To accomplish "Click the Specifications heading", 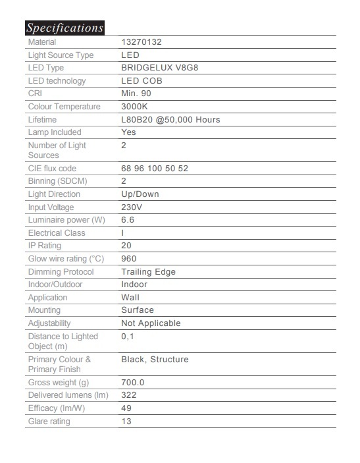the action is (64, 28).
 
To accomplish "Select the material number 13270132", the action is (141, 42).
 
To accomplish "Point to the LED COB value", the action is (142, 81).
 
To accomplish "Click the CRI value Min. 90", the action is (137, 94).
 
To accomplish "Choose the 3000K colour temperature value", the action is (135, 107).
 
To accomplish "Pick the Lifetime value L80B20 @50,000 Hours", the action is (170, 120).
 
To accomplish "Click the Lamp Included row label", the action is (55, 132).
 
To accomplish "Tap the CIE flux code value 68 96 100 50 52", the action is (155, 169).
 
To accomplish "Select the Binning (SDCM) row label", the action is (57, 181).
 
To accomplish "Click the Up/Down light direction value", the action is (140, 194).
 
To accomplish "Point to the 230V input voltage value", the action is (132, 207).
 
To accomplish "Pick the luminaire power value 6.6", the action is (128, 220).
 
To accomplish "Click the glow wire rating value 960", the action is (129, 259).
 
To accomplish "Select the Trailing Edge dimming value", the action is (149, 271).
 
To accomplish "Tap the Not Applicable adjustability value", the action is (151, 323).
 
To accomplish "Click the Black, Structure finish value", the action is (155, 360).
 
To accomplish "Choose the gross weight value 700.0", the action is (133, 383).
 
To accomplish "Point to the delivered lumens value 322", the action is (129, 395).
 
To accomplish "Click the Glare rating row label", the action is (49, 422).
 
